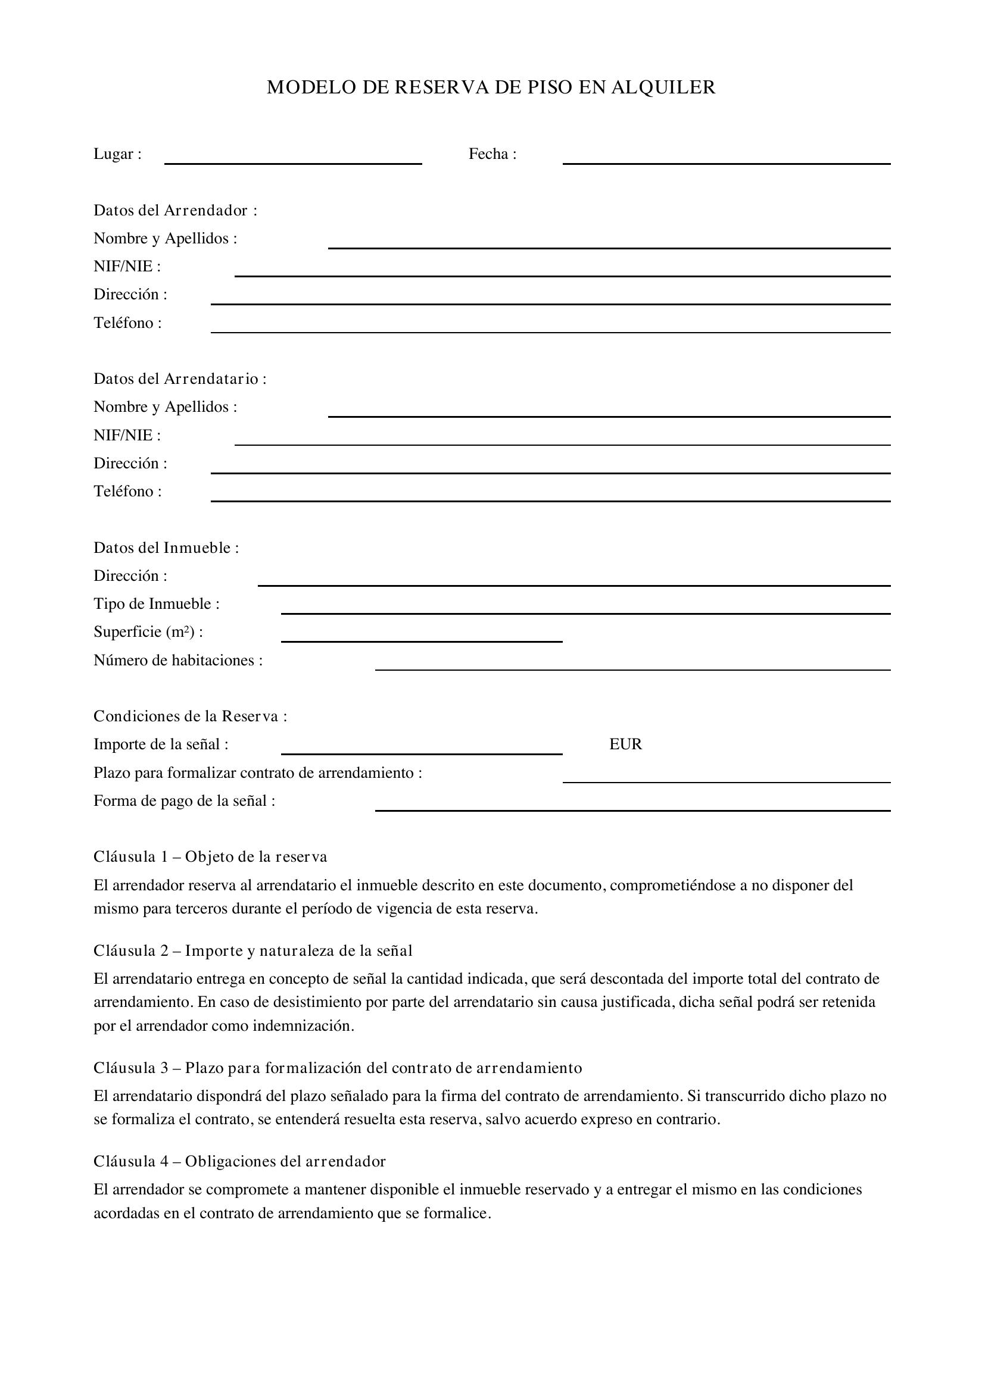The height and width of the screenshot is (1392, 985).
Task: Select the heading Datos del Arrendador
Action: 175,210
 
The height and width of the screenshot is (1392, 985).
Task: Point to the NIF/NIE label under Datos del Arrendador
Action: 127,266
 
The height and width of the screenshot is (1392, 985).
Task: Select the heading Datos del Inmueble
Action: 166,548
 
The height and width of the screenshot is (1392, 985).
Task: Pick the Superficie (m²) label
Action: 148,632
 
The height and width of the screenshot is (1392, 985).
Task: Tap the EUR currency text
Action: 625,745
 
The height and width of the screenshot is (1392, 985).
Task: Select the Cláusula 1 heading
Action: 210,856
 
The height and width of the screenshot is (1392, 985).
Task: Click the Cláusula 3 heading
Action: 337,1068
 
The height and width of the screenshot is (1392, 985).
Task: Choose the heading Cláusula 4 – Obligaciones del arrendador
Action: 239,1161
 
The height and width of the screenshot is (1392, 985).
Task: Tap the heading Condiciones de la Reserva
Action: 190,717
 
